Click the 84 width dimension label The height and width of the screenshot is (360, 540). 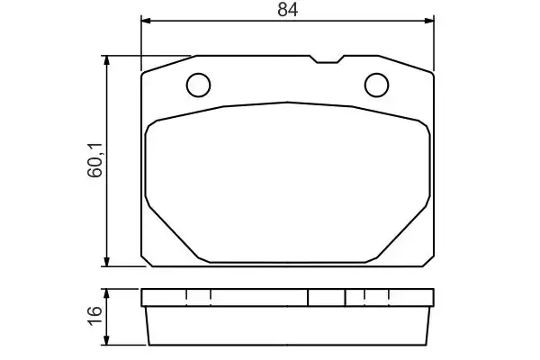pyautogui.click(x=288, y=9)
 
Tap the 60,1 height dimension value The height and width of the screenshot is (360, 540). pyautogui.click(x=95, y=160)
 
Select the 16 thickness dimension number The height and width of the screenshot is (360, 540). pyautogui.click(x=95, y=315)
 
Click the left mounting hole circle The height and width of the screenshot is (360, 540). pyautogui.click(x=198, y=85)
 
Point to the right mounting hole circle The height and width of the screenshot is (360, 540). pyautogui.click(x=377, y=85)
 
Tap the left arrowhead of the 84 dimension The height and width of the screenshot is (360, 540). pyautogui.click(x=146, y=21)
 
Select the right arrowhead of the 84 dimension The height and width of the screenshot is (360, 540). pyautogui.click(x=429, y=21)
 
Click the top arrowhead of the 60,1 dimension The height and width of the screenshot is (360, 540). pyautogui.click(x=107, y=60)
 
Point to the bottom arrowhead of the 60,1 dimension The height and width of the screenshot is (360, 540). pyautogui.click(x=107, y=262)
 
